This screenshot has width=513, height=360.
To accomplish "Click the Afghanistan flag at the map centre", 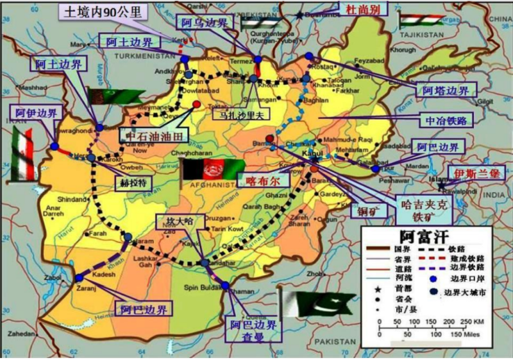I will pyautogui.click(x=203, y=172).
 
